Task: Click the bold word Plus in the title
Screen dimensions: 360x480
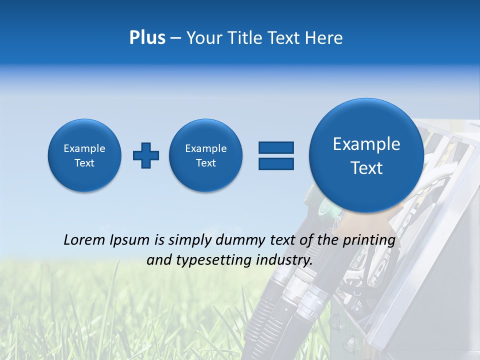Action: [x=147, y=38]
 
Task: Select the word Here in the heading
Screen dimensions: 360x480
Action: [x=324, y=38]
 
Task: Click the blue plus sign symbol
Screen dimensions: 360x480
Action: [x=146, y=155]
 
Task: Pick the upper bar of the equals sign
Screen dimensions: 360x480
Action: [x=276, y=147]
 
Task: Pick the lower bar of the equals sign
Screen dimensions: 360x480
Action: [x=276, y=163]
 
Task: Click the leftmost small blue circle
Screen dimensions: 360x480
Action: [x=84, y=155]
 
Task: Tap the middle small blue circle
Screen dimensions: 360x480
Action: [x=206, y=155]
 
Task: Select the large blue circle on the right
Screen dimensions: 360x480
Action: [x=366, y=155]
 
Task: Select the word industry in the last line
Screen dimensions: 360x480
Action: [x=283, y=260]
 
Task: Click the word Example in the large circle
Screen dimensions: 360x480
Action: [x=366, y=144]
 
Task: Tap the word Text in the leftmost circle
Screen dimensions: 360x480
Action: [x=84, y=163]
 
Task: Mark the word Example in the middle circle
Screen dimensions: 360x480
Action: [x=206, y=148]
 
